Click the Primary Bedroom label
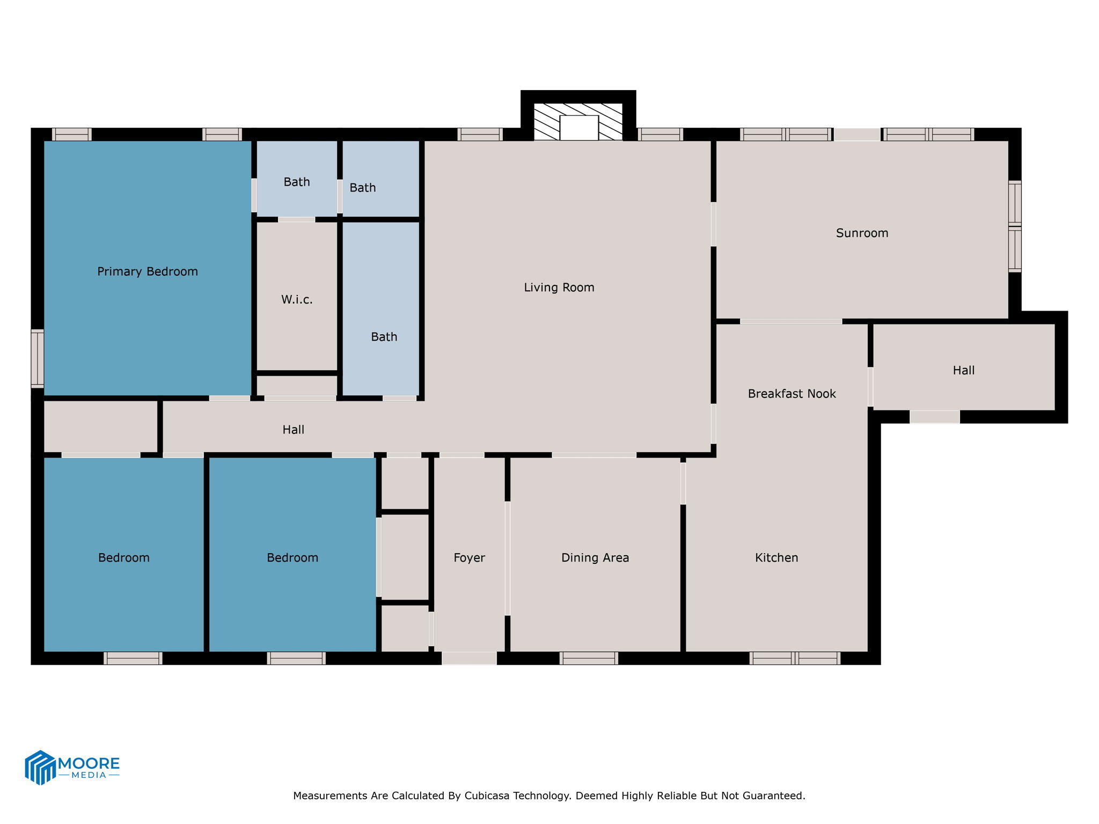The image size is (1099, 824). (x=148, y=271)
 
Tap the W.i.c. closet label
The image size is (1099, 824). (x=297, y=299)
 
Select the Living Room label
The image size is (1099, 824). (x=559, y=288)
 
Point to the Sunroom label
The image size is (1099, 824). (x=862, y=233)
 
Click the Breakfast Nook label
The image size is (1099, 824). (x=792, y=394)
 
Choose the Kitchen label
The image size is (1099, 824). (x=776, y=558)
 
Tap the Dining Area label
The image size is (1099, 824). (x=595, y=558)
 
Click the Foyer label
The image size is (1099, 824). (x=469, y=558)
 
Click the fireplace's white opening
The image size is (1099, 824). (x=578, y=128)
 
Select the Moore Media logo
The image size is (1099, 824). (x=72, y=768)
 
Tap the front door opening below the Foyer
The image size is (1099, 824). (x=469, y=658)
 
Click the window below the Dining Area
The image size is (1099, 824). (x=589, y=658)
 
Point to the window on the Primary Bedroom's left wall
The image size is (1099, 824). (x=37, y=358)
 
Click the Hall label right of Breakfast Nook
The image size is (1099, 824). (x=963, y=370)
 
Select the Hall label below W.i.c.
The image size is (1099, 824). (x=293, y=430)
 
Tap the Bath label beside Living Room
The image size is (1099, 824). (x=384, y=337)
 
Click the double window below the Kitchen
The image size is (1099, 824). (x=794, y=658)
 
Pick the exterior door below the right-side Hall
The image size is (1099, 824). (x=934, y=417)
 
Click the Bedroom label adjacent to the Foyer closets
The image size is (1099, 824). (x=292, y=558)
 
